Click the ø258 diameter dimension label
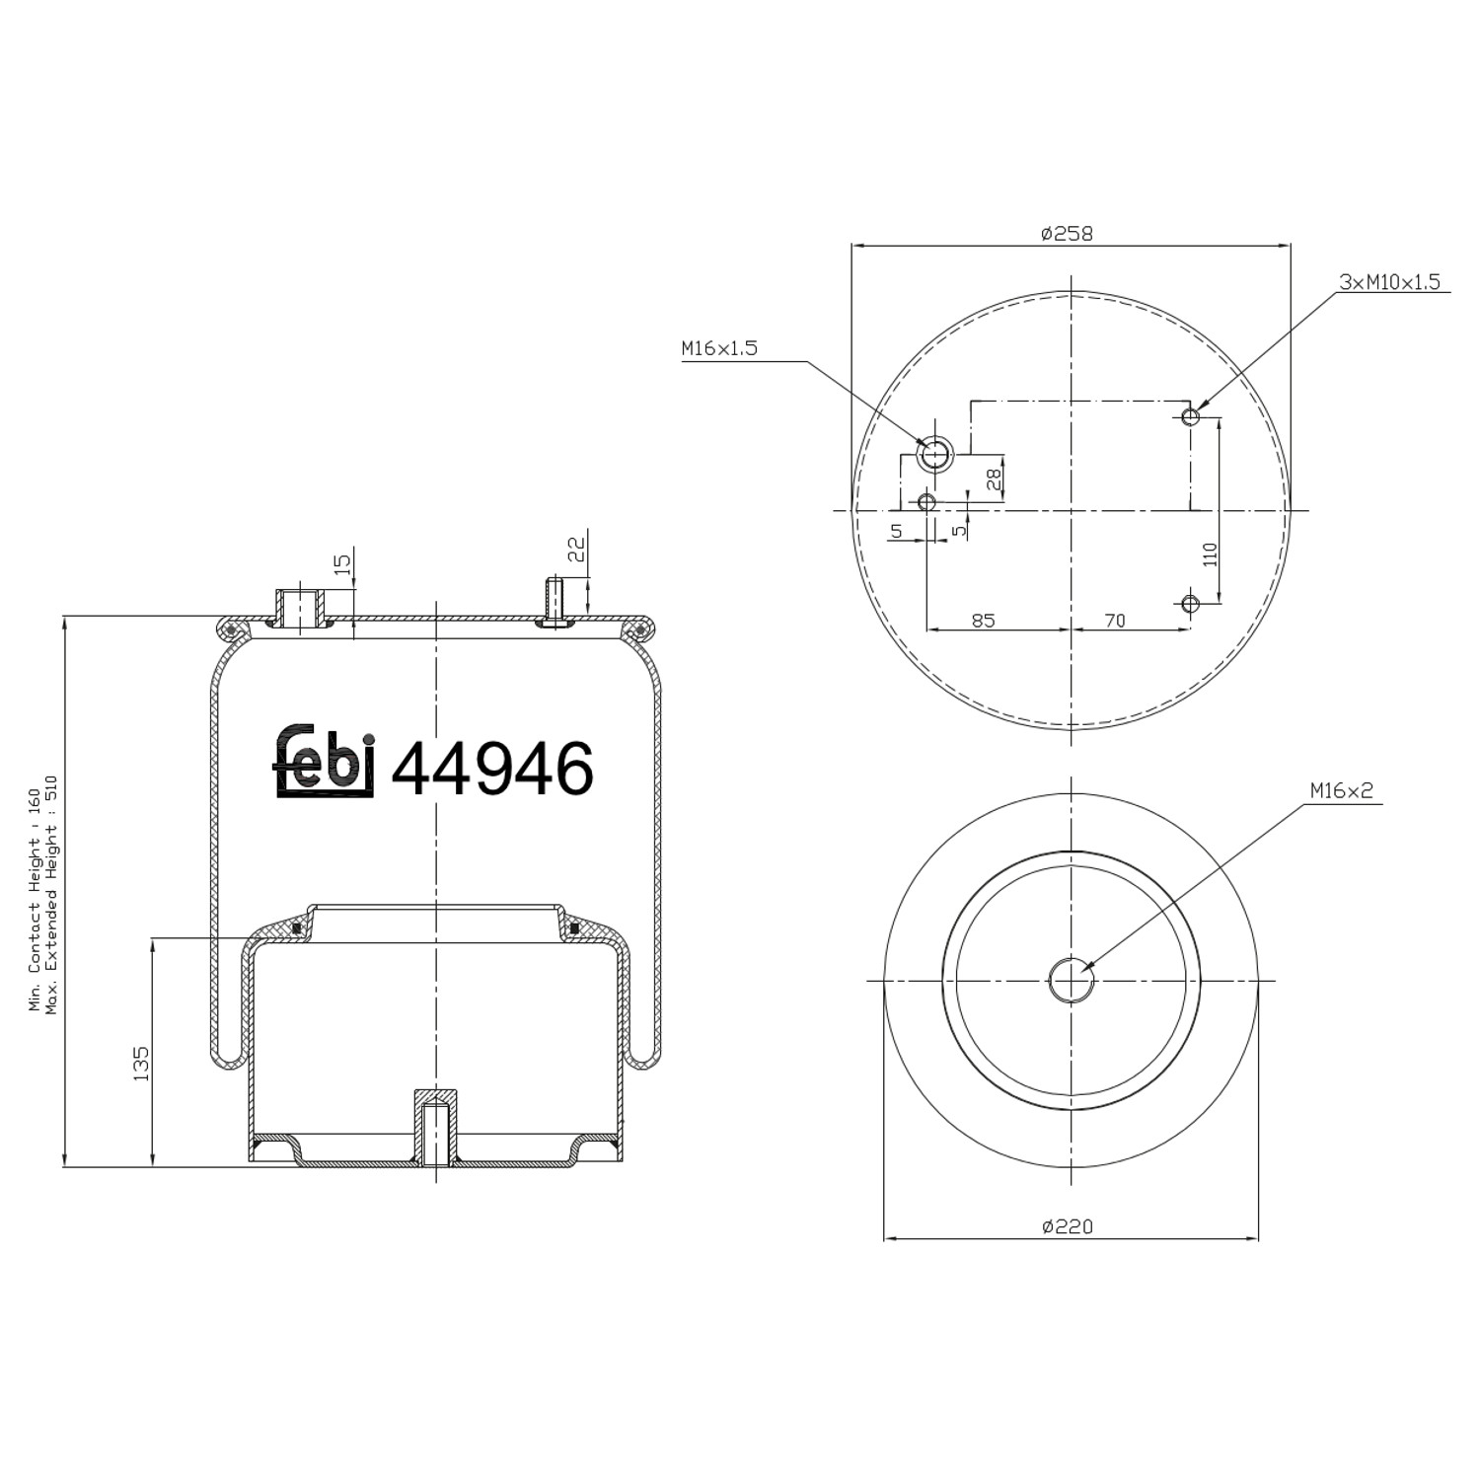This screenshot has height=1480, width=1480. [x=1068, y=234]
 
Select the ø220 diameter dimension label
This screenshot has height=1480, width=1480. [x=1068, y=1226]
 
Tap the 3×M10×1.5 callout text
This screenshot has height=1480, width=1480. [x=1389, y=282]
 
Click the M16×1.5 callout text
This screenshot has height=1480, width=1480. [x=719, y=348]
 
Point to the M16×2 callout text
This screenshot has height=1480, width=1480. [x=1342, y=790]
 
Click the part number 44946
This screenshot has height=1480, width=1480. [x=493, y=769]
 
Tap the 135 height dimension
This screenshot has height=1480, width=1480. [x=141, y=1065]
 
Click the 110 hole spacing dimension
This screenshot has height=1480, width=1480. [x=1211, y=554]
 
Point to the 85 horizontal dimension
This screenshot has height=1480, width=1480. [x=983, y=621]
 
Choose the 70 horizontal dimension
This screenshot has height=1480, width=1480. [x=1114, y=621]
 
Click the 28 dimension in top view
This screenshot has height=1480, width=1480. [x=995, y=480]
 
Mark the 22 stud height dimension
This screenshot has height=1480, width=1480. [x=578, y=549]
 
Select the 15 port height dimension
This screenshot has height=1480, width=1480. [x=342, y=564]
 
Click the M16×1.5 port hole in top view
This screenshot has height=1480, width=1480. [x=933, y=455]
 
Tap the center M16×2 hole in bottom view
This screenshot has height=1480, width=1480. [x=1072, y=980]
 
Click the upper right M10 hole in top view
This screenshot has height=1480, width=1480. [x=1191, y=416]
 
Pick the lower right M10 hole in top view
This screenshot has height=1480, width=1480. [x=1191, y=603]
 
